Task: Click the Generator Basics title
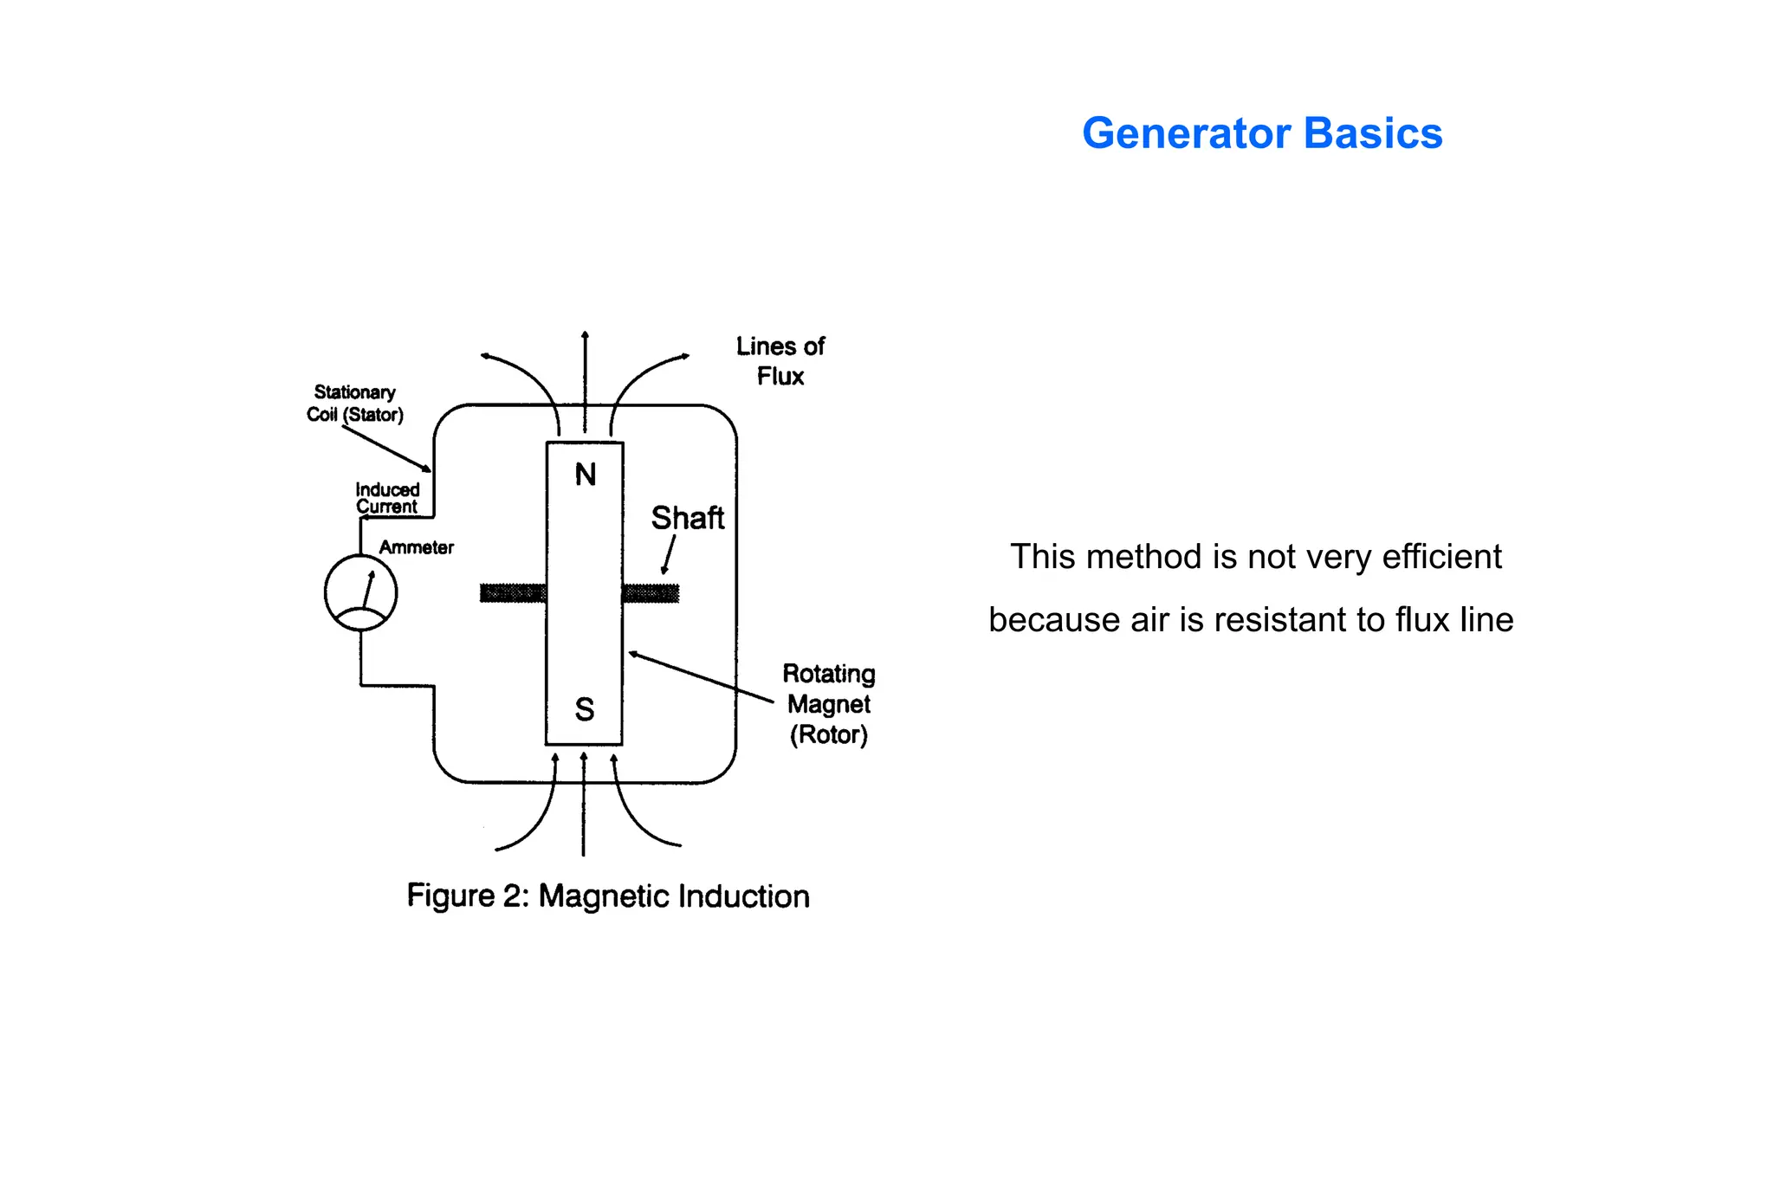pos(1261,133)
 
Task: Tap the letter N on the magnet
pos(586,475)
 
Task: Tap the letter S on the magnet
pos(585,709)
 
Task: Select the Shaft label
pos(687,518)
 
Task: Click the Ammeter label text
pos(416,547)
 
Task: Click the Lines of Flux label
pos(780,361)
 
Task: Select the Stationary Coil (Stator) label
pos(354,404)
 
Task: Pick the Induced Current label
pos(387,498)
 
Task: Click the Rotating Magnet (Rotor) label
pos(828,704)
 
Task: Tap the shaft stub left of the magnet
pos(513,593)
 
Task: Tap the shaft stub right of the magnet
pos(651,593)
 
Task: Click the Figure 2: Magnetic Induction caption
pos(608,895)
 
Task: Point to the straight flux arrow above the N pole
pos(585,381)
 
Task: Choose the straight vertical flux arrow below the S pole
pos(584,805)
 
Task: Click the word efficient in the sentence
pos(1441,557)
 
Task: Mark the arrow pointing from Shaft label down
pos(668,555)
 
